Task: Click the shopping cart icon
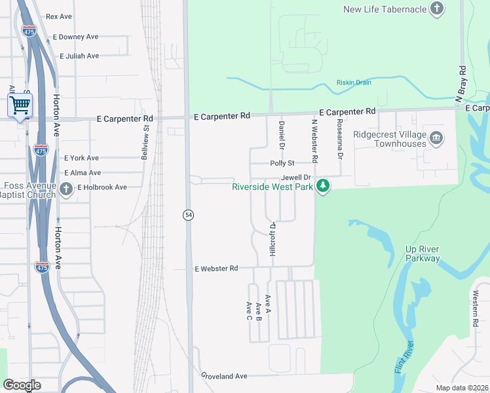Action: tap(20, 105)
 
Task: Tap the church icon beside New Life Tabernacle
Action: tap(437, 9)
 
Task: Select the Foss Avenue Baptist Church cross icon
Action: tap(66, 189)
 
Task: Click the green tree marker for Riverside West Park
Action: tap(322, 187)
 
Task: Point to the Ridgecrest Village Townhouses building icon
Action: tap(435, 138)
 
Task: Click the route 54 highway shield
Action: tap(187, 214)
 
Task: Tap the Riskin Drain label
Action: tap(354, 83)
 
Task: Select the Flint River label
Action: tap(404, 358)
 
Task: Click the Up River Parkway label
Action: tap(423, 254)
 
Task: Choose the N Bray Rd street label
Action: tap(461, 83)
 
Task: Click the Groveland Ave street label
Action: tap(223, 376)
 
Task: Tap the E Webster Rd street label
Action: tap(216, 269)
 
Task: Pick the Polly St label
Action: tap(283, 163)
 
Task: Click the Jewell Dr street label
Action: tap(295, 178)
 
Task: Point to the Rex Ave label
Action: tap(59, 16)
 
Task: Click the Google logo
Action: tap(22, 385)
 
